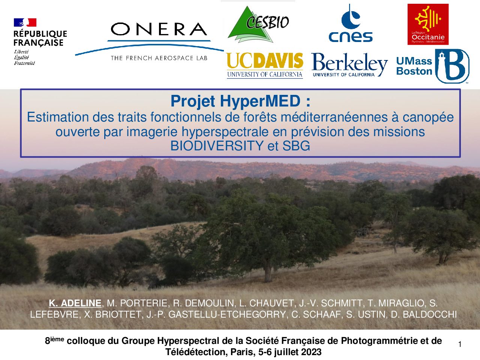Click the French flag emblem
click(x=25, y=22)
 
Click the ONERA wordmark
click(x=159, y=29)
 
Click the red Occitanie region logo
click(x=428, y=24)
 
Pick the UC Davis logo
click(x=265, y=65)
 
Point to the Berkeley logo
click(x=349, y=64)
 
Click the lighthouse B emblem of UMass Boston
click(x=452, y=66)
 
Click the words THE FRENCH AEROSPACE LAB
click(x=159, y=58)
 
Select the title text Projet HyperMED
click(x=235, y=101)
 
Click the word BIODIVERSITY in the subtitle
click(x=217, y=146)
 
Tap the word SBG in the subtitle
click(x=296, y=146)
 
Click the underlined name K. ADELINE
click(x=75, y=303)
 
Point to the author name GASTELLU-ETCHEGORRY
click(x=227, y=315)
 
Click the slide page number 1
click(x=460, y=344)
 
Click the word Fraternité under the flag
click(x=24, y=63)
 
